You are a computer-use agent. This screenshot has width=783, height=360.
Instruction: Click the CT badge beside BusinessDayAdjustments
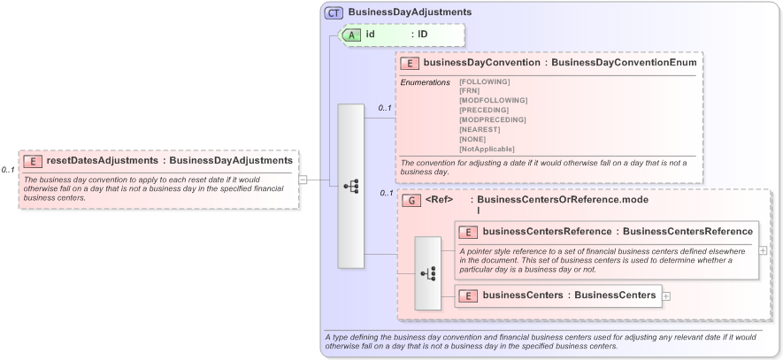tap(334, 12)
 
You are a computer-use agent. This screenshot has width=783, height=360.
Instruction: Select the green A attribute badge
tap(349, 34)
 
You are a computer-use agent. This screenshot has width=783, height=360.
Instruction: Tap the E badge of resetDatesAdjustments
tap(32, 161)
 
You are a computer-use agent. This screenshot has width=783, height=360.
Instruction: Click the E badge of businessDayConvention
tap(410, 63)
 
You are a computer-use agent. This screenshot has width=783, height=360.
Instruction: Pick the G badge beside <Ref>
tap(411, 201)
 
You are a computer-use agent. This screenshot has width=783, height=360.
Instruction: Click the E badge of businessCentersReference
tap(468, 232)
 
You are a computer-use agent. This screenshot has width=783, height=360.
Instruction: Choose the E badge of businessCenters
tap(468, 295)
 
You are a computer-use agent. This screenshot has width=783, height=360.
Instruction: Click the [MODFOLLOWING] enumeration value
tap(493, 101)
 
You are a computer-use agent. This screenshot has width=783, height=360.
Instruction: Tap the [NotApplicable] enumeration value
tap(487, 149)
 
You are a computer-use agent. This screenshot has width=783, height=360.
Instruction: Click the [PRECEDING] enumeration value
tap(484, 110)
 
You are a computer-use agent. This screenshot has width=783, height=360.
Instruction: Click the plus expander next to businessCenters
tap(666, 295)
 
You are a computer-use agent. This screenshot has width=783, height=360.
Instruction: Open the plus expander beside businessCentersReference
tap(764, 250)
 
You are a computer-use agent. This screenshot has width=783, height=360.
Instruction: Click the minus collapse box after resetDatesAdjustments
tap(303, 180)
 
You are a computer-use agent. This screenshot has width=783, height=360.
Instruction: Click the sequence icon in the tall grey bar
tap(351, 187)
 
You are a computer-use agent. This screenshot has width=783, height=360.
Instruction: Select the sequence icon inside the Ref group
tap(427, 273)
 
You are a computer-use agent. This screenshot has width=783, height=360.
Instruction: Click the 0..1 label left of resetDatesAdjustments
tap(8, 170)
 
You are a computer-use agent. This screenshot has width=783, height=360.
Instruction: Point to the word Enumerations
tap(426, 82)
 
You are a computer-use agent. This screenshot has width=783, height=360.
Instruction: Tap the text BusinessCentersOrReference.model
tap(562, 200)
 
